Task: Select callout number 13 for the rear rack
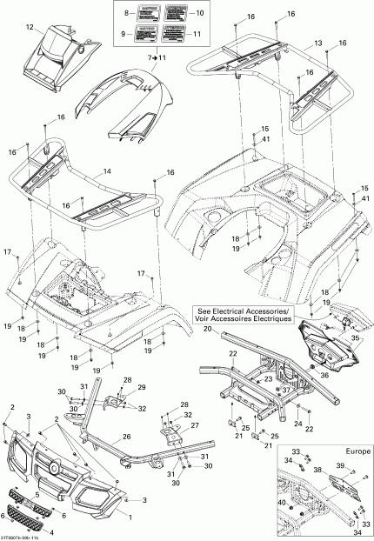[318, 43]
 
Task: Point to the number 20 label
[208, 330]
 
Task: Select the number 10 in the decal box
[199, 14]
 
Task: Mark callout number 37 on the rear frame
[284, 390]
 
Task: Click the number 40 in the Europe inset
[280, 503]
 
